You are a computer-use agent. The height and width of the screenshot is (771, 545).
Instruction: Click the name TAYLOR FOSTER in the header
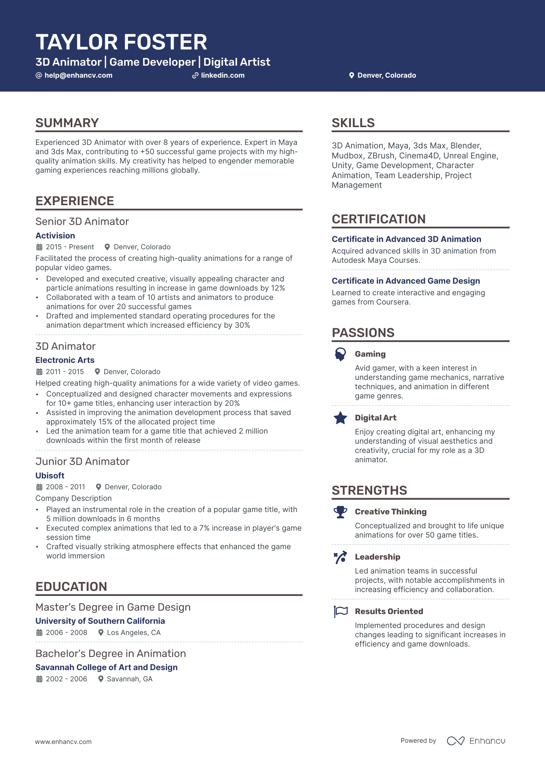tap(121, 42)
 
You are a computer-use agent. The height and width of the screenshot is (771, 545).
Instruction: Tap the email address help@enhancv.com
tap(78, 75)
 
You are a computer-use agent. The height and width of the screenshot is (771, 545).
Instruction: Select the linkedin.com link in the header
tap(223, 75)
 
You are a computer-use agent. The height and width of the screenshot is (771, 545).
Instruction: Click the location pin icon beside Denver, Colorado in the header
tap(351, 75)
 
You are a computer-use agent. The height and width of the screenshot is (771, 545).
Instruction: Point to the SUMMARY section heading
tap(67, 123)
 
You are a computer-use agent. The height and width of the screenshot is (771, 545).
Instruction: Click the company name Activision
tap(55, 236)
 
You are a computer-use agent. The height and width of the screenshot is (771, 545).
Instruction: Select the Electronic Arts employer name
tap(65, 360)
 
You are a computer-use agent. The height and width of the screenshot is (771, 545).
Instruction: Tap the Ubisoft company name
tap(50, 476)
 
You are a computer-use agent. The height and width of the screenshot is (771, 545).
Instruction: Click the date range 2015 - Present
tap(70, 247)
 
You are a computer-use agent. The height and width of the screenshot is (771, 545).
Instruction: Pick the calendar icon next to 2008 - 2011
tap(39, 487)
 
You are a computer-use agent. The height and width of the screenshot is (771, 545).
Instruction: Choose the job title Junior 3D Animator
tap(82, 461)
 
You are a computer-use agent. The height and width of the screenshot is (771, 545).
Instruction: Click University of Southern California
tap(100, 621)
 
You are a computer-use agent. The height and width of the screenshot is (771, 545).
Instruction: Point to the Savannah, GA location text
tap(129, 679)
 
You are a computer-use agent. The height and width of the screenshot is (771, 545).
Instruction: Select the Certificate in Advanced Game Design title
tap(406, 281)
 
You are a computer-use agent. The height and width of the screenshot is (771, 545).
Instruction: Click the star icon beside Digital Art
tap(341, 418)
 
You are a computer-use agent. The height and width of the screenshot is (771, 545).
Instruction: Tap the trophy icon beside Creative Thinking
tap(341, 512)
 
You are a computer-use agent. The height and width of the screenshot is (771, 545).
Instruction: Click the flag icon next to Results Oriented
tap(341, 611)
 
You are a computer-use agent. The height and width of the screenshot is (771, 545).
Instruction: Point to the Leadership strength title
tap(378, 557)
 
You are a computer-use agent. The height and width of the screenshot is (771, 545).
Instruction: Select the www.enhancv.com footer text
tap(63, 742)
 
